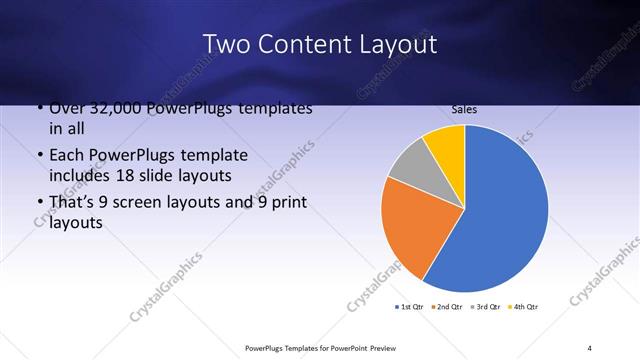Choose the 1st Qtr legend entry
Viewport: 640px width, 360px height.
tap(410, 306)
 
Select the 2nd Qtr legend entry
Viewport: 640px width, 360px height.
tap(447, 306)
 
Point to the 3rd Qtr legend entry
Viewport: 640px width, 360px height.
tap(485, 306)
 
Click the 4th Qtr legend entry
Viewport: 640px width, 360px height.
tap(523, 306)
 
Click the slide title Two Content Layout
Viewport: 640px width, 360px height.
tap(319, 45)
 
